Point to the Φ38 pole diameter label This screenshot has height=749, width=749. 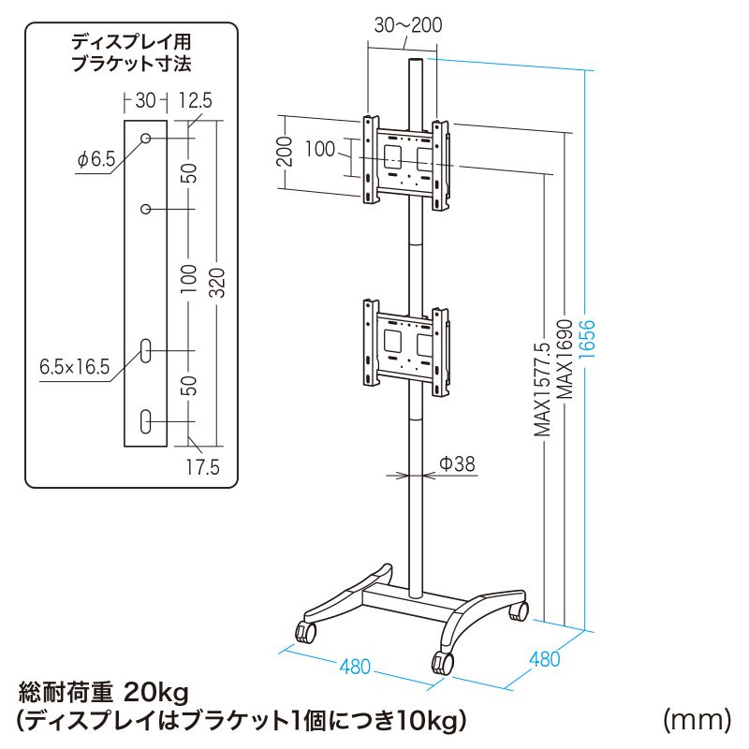pyautogui.click(x=458, y=463)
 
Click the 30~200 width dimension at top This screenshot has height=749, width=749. pyautogui.click(x=407, y=25)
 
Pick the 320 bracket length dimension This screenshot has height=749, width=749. pyautogui.click(x=216, y=279)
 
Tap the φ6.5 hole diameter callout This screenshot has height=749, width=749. pyautogui.click(x=96, y=159)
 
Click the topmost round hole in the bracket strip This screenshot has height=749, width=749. pyautogui.click(x=147, y=139)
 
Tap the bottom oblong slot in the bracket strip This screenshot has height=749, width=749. pyautogui.click(x=147, y=419)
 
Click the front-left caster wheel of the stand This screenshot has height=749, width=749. pyautogui.click(x=306, y=633)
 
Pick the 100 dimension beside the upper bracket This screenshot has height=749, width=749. pyautogui.click(x=320, y=149)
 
